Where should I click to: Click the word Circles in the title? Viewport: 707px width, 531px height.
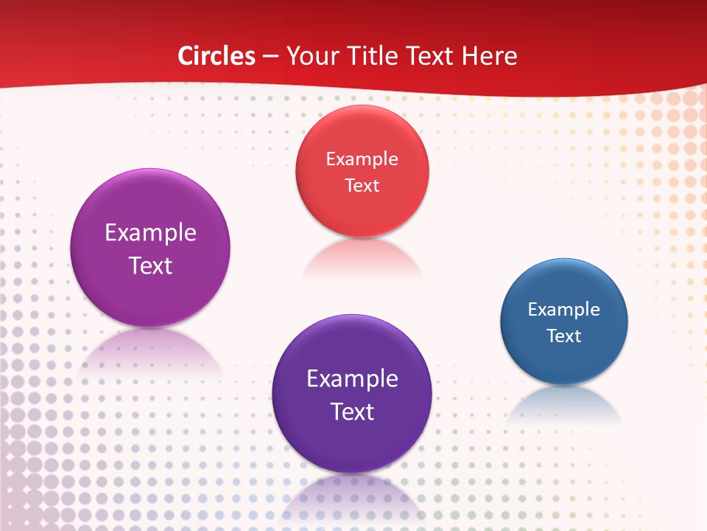click(x=217, y=56)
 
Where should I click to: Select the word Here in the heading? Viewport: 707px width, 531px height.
click(x=490, y=56)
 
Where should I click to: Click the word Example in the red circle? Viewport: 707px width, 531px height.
click(x=362, y=159)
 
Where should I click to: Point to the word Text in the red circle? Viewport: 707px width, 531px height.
click(x=362, y=185)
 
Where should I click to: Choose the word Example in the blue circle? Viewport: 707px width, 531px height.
click(x=564, y=309)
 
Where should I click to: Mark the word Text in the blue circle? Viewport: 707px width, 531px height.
click(x=564, y=336)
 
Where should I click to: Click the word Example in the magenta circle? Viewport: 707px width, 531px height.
click(x=150, y=233)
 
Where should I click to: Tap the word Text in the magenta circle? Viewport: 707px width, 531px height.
click(x=150, y=265)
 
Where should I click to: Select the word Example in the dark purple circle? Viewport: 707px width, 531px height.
click(x=352, y=379)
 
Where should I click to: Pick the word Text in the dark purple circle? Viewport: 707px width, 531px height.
click(x=352, y=412)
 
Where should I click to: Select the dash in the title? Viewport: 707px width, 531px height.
click(x=270, y=56)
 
